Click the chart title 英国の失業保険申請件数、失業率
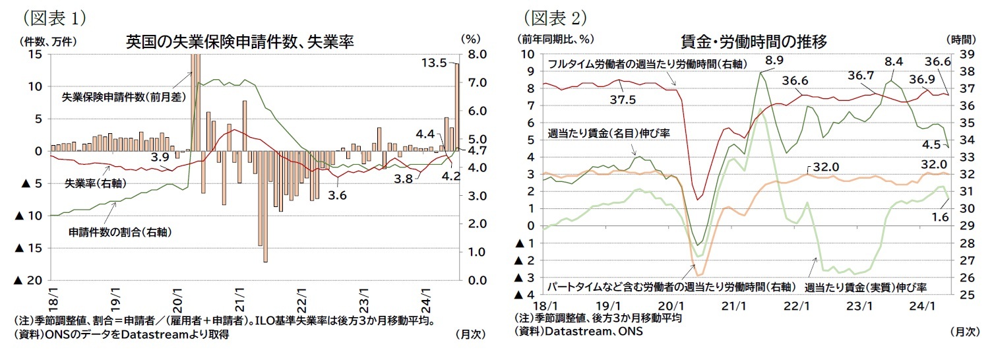tap(239, 42)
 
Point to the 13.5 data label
tap(435, 63)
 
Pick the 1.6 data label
tap(939, 216)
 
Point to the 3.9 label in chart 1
tap(161, 157)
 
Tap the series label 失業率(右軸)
tap(96, 182)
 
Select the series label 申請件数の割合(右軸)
tap(108, 233)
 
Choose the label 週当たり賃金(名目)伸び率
tap(609, 133)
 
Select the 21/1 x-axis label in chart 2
tap(733, 306)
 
